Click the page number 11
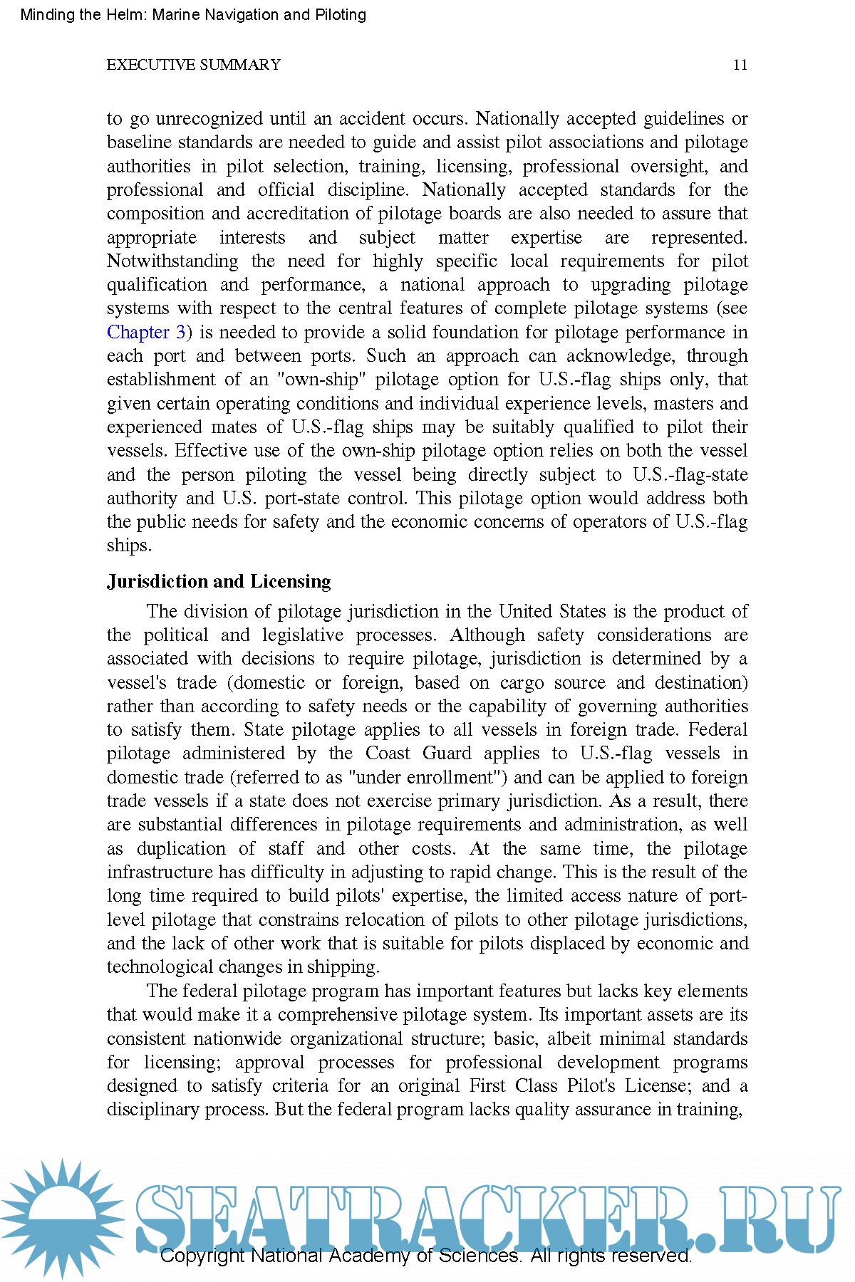coord(740,65)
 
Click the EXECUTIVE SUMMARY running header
coord(193,65)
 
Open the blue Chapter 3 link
coord(146,332)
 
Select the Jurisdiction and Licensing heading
coord(219,582)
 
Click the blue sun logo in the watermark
coord(63,1218)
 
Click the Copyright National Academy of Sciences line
coord(425,1255)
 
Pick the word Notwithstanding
coord(172,261)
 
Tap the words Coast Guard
coord(418,754)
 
